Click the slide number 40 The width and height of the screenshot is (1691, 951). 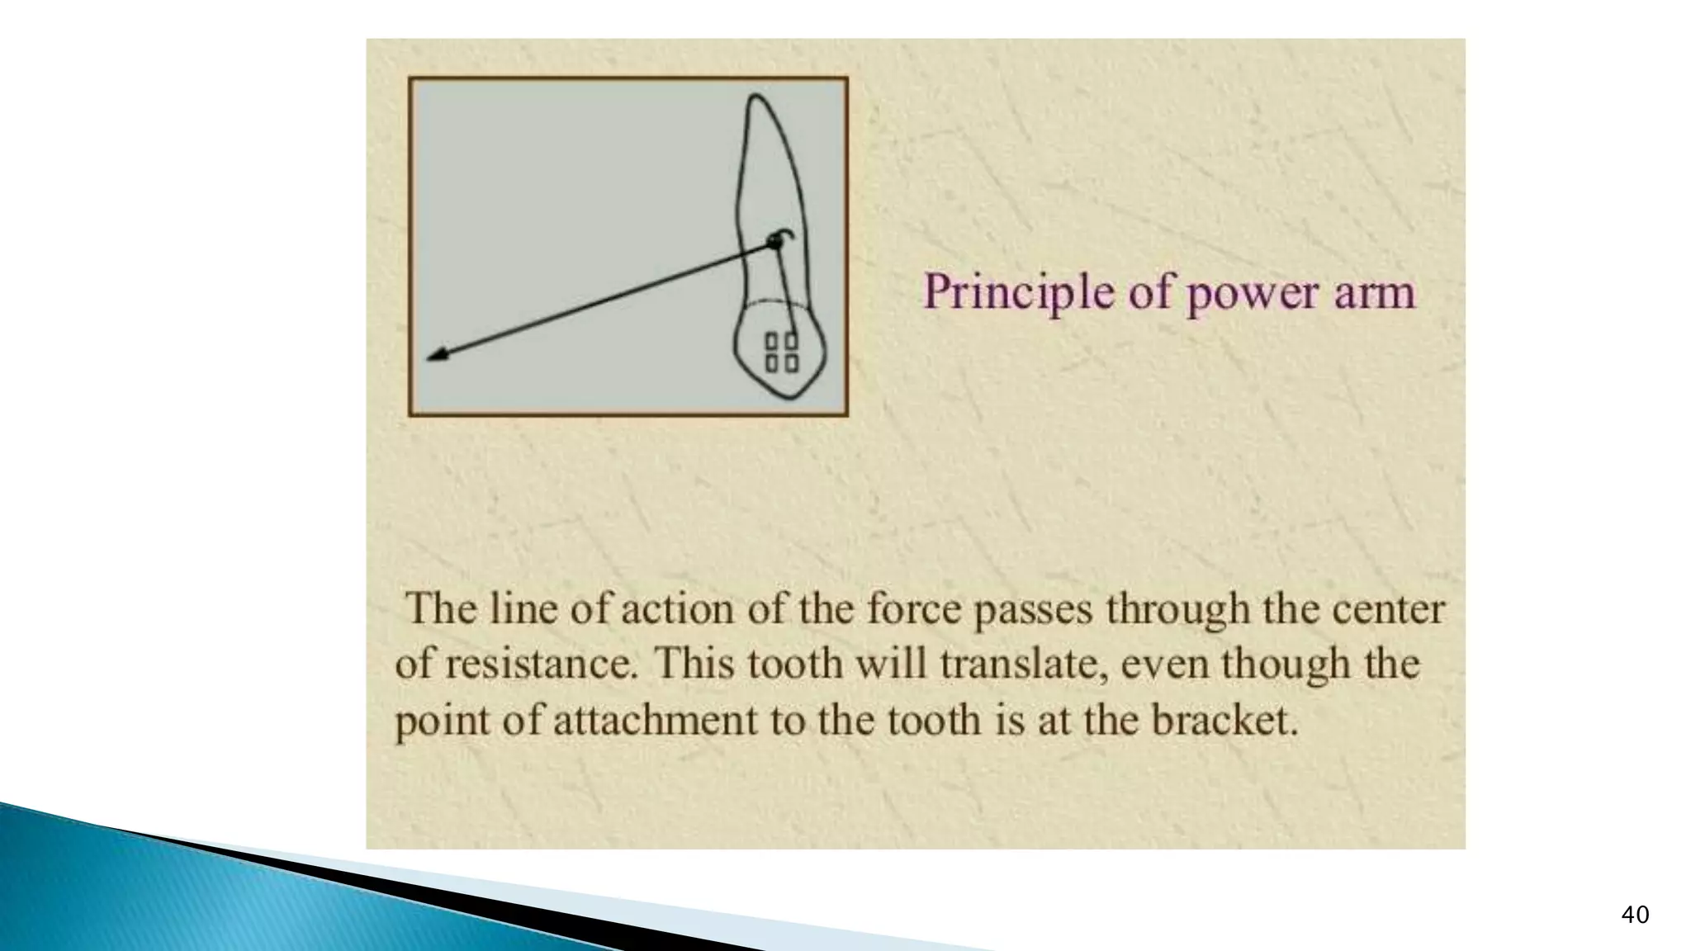click(1635, 915)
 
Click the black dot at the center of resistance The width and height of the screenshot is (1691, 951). click(774, 243)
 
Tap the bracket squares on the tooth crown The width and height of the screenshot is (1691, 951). click(781, 352)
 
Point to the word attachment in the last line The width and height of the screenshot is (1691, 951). click(654, 720)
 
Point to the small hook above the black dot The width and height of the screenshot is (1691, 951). click(786, 234)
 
